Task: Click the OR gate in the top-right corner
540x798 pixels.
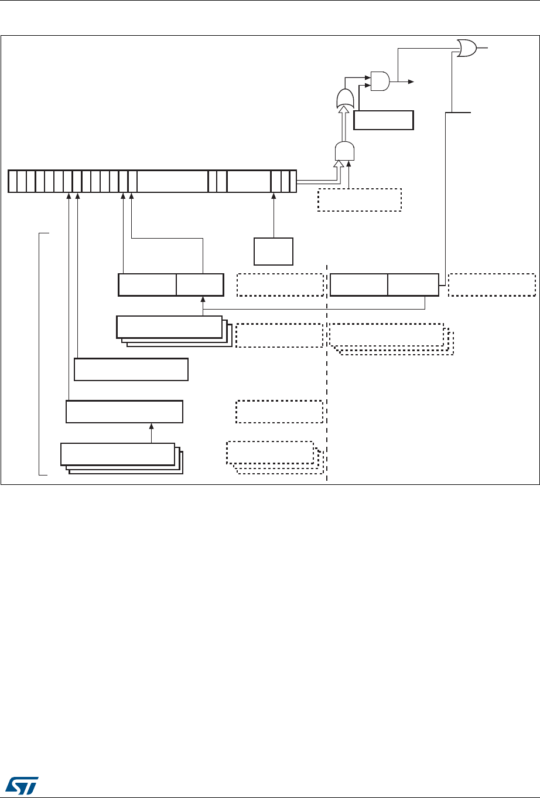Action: pos(467,48)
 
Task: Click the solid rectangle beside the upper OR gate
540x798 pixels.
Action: pos(384,120)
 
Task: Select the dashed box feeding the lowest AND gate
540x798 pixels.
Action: pos(359,199)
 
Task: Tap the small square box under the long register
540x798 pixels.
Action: pos(273,252)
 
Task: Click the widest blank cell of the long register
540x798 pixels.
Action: pos(172,181)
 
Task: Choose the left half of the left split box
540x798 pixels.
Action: pos(147,284)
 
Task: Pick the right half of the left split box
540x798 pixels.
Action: pos(200,284)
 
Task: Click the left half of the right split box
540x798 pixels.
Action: pos(358,284)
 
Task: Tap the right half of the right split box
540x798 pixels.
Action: pos(413,284)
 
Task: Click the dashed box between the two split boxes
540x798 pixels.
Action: pos(280,284)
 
